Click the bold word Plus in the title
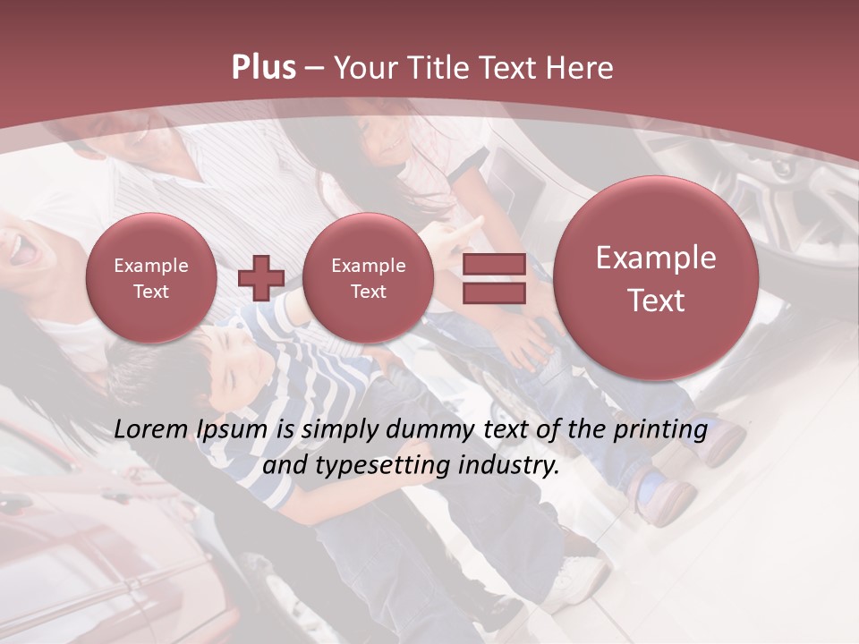pos(263,68)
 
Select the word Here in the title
pos(581,68)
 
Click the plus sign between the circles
pos(261,277)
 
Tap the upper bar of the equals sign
pos(494,264)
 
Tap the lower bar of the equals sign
pos(494,293)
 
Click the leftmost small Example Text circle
pos(151,278)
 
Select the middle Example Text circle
pos(368,278)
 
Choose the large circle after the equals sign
pos(656,278)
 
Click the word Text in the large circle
pos(656,301)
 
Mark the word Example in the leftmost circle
pos(151,266)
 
